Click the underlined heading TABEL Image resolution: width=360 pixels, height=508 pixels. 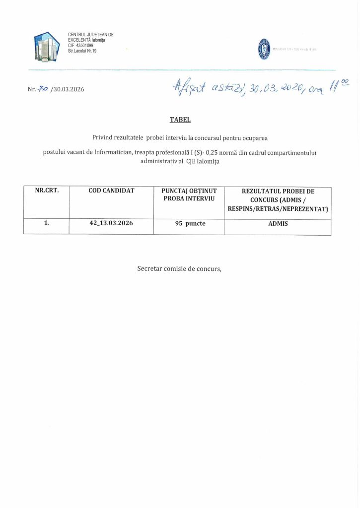(x=179, y=120)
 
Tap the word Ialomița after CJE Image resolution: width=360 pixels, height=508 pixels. (x=208, y=161)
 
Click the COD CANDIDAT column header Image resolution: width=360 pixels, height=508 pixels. (x=111, y=190)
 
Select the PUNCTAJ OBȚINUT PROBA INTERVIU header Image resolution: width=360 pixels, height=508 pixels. (x=189, y=194)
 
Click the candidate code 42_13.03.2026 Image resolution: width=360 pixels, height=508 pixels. (x=111, y=223)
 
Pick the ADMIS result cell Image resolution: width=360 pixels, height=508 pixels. (x=278, y=224)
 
